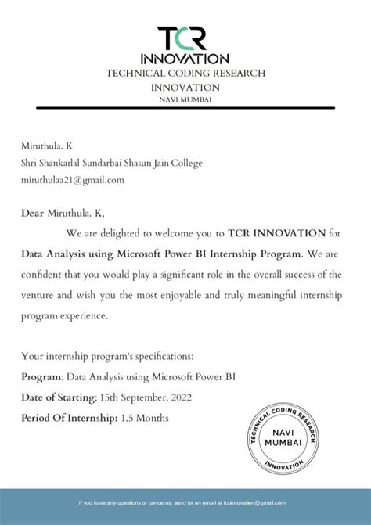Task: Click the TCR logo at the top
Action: [185, 38]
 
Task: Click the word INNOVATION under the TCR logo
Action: [185, 59]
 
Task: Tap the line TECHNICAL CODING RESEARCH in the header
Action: [185, 73]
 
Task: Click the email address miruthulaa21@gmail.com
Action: [73, 179]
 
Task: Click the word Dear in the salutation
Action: [33, 213]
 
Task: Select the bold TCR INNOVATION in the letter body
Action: [277, 233]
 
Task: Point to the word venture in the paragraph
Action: [38, 296]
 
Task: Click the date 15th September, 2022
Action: [147, 397]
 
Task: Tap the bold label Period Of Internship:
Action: [69, 419]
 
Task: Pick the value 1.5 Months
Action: [144, 419]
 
